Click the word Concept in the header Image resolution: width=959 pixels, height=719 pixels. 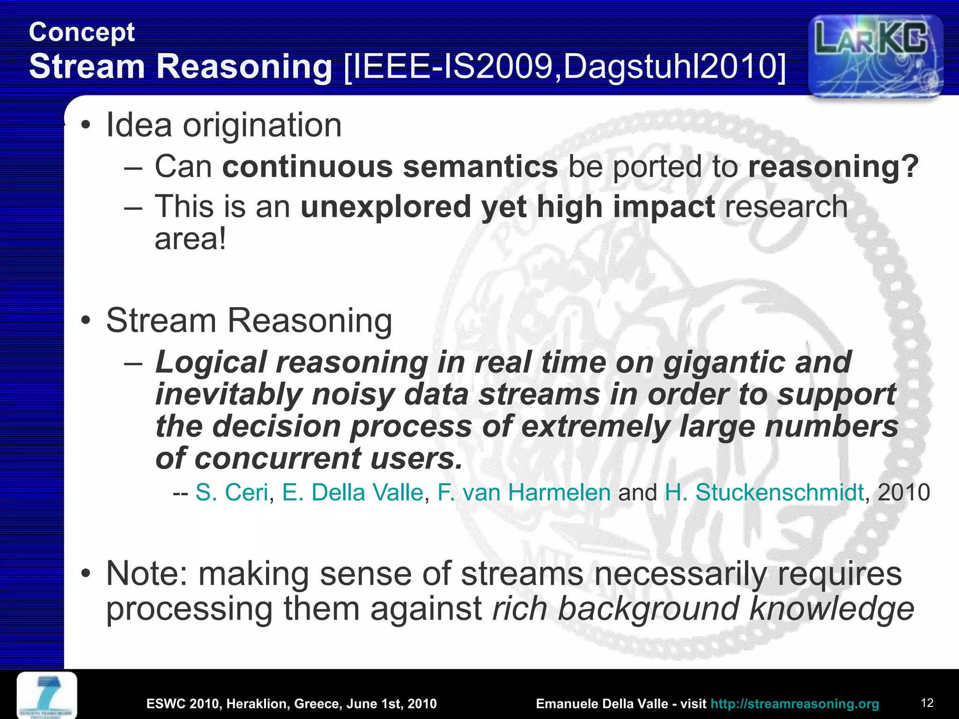coord(82,32)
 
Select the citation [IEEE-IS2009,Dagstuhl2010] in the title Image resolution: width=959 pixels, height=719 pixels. coord(565,67)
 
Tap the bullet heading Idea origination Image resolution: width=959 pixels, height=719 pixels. coord(224,125)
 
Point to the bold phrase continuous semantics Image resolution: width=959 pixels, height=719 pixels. coord(390,167)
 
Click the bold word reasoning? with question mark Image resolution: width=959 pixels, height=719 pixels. coord(834,167)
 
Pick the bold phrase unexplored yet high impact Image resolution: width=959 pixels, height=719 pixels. coord(508,207)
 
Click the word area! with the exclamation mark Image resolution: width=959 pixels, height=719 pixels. coord(190,239)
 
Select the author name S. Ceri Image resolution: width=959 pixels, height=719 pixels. coord(232,492)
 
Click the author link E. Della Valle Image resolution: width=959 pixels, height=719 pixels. coord(353,492)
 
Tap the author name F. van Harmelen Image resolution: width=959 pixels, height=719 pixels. coord(524,492)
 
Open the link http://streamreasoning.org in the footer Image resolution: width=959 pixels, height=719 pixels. coord(795,704)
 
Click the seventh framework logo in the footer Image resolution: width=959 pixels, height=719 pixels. coord(47,695)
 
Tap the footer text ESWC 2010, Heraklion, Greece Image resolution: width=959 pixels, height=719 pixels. coord(291,704)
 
